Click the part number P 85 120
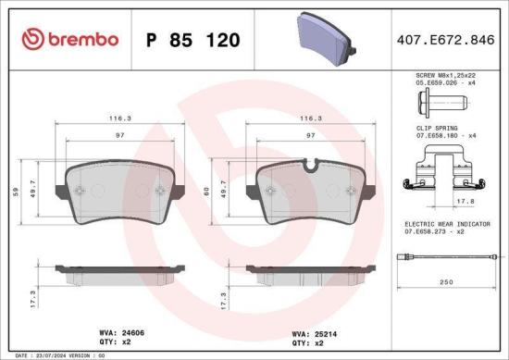click(192, 40)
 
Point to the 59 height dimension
click(13, 192)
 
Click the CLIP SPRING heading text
click(429, 127)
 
